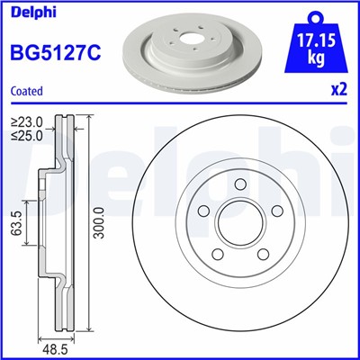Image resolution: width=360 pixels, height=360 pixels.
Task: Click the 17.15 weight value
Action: pyautogui.click(x=314, y=40)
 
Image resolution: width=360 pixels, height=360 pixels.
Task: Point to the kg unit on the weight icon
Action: pyautogui.click(x=314, y=58)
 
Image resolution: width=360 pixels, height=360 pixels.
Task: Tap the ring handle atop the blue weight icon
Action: pyautogui.click(x=314, y=14)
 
